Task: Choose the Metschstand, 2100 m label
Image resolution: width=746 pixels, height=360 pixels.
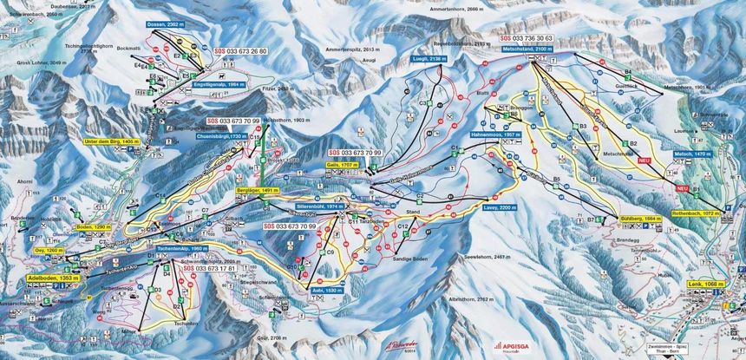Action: (528, 49)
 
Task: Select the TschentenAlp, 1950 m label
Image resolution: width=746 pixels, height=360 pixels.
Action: (180, 249)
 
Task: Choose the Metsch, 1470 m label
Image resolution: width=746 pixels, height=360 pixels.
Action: (690, 154)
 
